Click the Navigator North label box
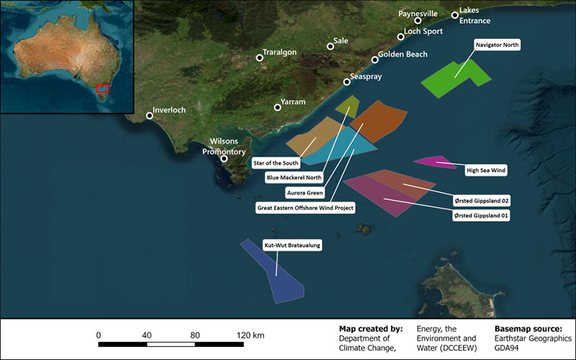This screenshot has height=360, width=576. [497, 45]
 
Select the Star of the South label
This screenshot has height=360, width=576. [276, 163]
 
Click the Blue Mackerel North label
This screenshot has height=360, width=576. [294, 177]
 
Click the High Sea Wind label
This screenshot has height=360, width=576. [486, 171]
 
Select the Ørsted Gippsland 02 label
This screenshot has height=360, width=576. [482, 200]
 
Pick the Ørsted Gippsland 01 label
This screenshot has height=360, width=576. [482, 215]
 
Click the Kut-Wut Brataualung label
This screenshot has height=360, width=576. [292, 245]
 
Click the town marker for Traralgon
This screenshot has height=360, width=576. [260, 58]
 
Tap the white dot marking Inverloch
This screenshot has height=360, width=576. [150, 115]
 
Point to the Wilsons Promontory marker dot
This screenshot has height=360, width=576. [225, 158]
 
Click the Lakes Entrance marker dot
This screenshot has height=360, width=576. [454, 15]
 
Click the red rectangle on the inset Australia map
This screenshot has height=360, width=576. [103, 89]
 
